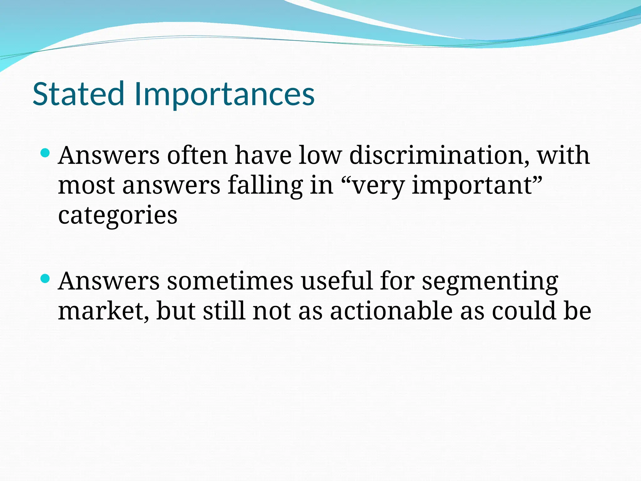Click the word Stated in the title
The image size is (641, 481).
click(x=78, y=94)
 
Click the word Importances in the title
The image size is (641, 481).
click(x=224, y=94)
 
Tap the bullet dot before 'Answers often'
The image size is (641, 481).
click(x=45, y=153)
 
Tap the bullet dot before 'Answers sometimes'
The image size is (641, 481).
click(x=45, y=278)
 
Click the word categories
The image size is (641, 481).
click(x=118, y=215)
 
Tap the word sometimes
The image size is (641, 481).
click(x=230, y=281)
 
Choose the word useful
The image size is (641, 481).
click(x=337, y=281)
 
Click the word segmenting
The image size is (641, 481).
click(x=490, y=281)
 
